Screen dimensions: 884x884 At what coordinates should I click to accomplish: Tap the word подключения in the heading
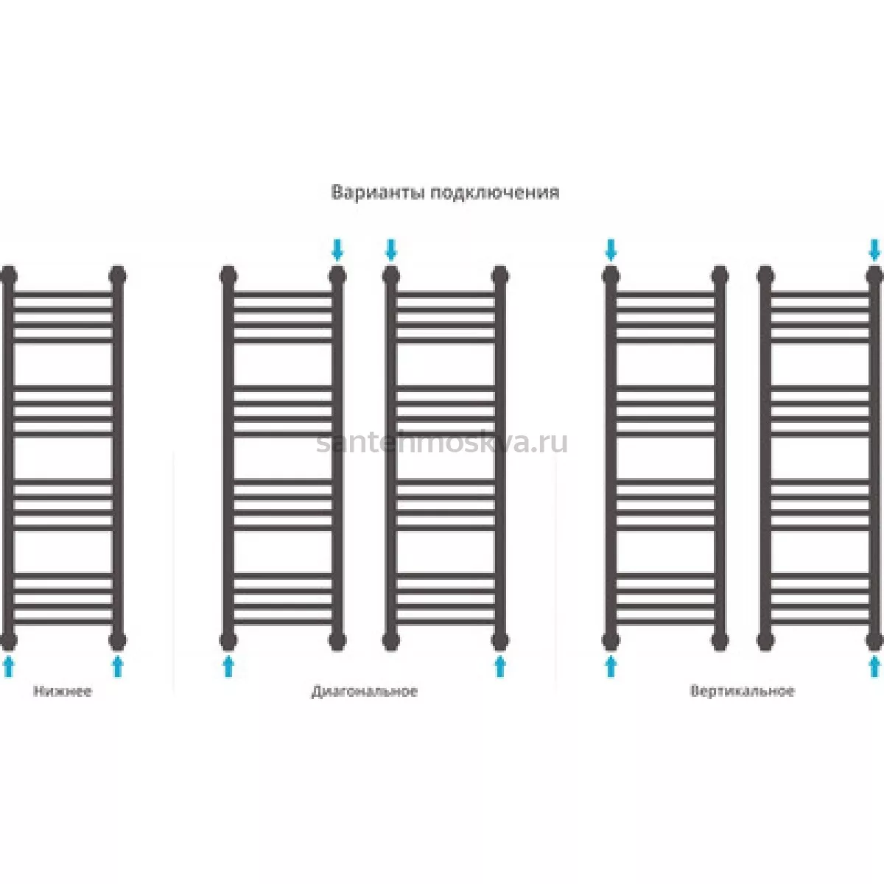[x=495, y=193]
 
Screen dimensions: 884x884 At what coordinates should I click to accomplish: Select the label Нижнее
[x=63, y=691]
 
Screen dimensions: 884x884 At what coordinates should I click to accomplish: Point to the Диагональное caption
[x=364, y=691]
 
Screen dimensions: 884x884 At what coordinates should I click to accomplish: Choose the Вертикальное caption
[x=742, y=691]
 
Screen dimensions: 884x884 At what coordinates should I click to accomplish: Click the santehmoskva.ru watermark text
[x=442, y=443]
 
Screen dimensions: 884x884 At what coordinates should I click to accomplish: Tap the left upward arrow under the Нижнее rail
[x=8, y=666]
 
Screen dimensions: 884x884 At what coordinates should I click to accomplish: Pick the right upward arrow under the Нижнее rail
[x=118, y=666]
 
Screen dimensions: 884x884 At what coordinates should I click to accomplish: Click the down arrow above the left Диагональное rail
[x=337, y=250]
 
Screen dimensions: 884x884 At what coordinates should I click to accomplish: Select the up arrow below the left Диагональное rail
[x=228, y=666]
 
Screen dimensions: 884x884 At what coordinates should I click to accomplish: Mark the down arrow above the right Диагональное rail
[x=391, y=250]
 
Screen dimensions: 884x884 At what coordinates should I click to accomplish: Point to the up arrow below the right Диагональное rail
[x=500, y=666]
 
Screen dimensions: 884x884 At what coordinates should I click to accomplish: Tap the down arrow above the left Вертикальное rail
[x=611, y=250]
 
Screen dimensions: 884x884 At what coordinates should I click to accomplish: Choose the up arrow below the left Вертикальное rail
[x=611, y=666]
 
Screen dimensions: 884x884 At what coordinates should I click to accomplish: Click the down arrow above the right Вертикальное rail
[x=875, y=250]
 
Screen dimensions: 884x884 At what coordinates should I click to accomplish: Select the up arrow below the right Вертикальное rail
[x=875, y=666]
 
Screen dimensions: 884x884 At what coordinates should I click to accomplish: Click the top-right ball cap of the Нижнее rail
[x=118, y=276]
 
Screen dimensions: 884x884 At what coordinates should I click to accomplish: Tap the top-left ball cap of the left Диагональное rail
[x=228, y=276]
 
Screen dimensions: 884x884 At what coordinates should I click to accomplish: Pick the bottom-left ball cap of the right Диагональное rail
[x=391, y=640]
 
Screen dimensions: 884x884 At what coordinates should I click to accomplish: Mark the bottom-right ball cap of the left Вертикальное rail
[x=720, y=640]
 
